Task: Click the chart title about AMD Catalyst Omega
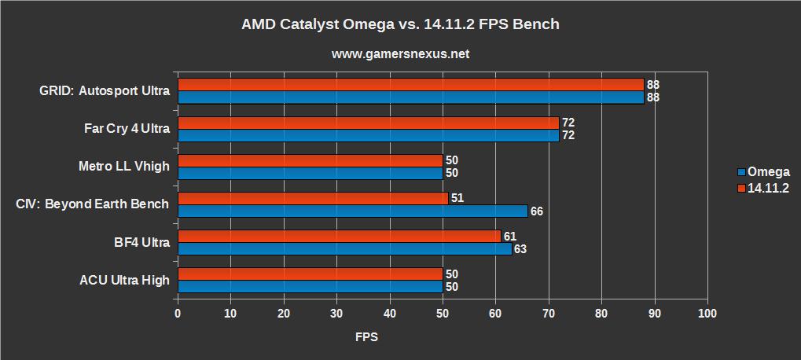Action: point(401,24)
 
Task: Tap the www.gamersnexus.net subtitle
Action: point(401,54)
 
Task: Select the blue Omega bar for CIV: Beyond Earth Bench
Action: point(351,211)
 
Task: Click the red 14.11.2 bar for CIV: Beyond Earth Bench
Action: point(312,198)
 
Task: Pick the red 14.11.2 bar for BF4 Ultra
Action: point(339,236)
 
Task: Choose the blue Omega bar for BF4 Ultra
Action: point(344,248)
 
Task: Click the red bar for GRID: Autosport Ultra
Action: point(410,84)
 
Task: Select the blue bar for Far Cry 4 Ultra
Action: point(368,135)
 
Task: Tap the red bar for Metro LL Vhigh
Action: point(310,160)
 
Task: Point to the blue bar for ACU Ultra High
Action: point(310,287)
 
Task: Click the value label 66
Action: point(537,211)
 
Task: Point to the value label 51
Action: point(457,198)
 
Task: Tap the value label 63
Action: point(521,249)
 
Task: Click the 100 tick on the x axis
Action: point(707,314)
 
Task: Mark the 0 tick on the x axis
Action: point(178,314)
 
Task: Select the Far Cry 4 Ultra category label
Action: point(127,128)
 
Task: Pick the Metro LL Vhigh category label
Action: point(123,166)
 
